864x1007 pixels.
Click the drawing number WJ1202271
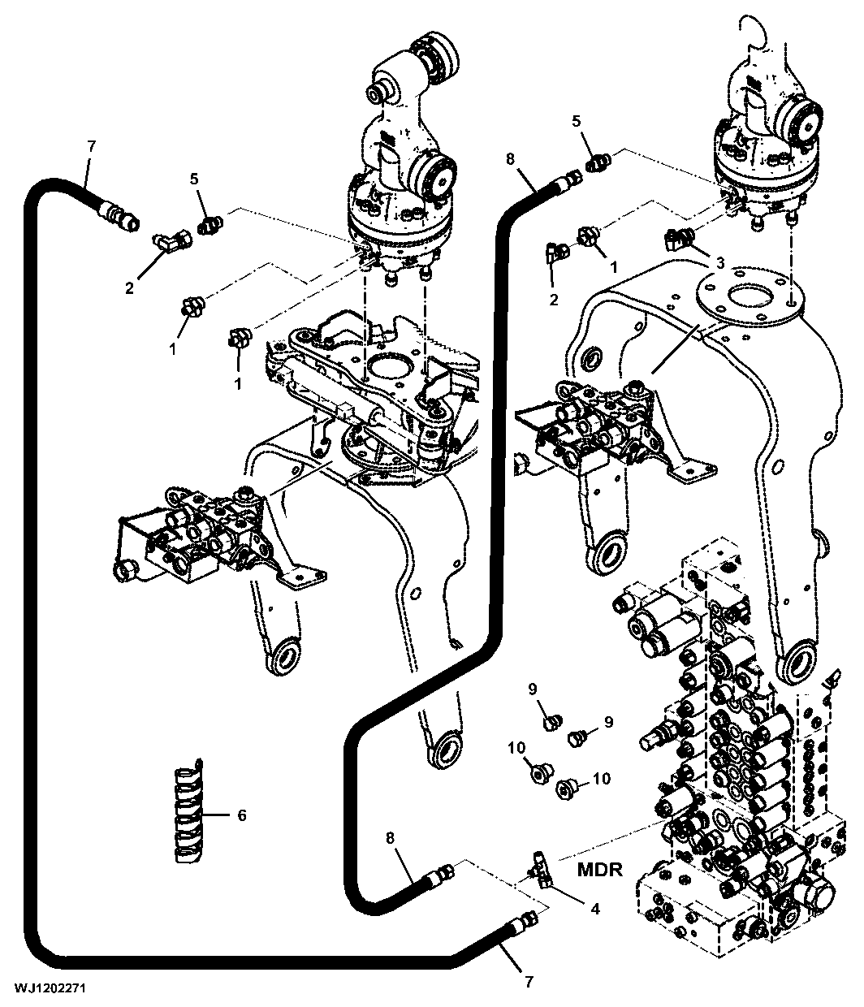coord(50,988)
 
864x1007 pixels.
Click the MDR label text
coord(599,870)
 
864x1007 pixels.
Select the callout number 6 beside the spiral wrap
coord(242,815)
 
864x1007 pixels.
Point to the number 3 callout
coord(720,263)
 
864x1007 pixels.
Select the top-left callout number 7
coord(91,145)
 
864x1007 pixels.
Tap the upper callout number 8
coord(510,159)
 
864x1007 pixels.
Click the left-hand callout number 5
coord(194,179)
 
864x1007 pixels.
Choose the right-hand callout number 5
coord(577,121)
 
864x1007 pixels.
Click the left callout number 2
coord(129,288)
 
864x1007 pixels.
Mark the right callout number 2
coord(553,300)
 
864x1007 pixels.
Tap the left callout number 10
coord(516,747)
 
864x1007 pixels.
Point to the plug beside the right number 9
coord(577,739)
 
